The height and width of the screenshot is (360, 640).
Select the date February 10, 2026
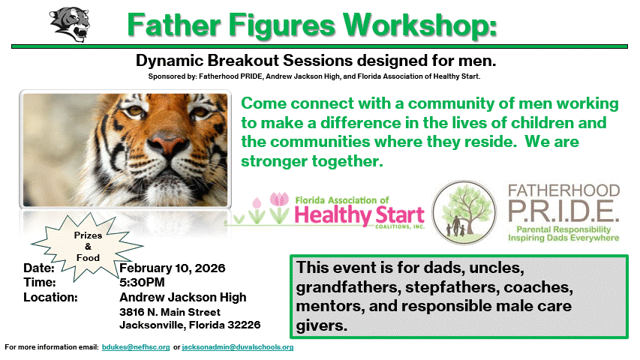173,268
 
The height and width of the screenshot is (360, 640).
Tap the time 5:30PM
142,283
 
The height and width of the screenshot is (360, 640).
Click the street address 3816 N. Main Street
170,312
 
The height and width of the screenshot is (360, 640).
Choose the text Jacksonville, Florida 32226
190,325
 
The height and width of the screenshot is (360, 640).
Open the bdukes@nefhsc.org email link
136,347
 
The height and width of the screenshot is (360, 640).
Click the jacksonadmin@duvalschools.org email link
238,347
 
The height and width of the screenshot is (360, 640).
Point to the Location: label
51,298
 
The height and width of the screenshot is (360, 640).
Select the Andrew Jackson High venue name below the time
183,297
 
